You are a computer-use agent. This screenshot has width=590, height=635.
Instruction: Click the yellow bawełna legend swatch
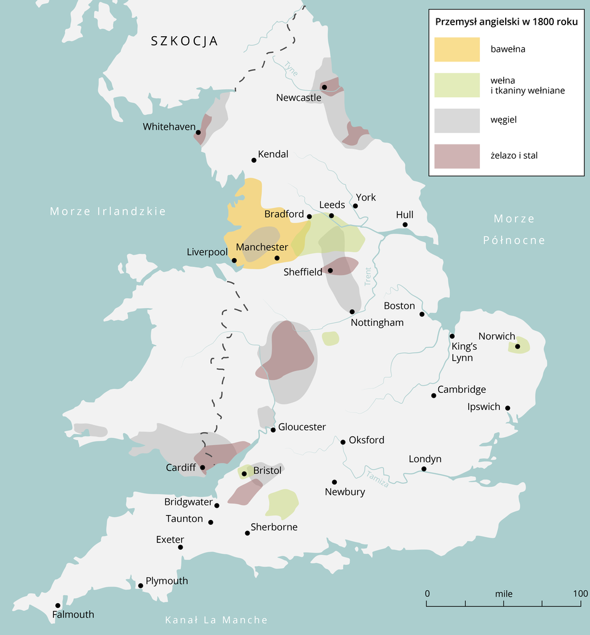click(457, 49)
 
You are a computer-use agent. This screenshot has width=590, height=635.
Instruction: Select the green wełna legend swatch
click(457, 85)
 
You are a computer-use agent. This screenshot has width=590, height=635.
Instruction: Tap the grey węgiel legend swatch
click(457, 120)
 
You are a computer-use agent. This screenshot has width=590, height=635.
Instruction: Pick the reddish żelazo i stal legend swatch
click(457, 156)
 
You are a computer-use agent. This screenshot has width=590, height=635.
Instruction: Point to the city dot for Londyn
click(424, 469)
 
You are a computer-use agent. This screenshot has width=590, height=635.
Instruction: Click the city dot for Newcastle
click(324, 87)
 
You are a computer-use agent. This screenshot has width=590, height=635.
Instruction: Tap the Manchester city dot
click(277, 258)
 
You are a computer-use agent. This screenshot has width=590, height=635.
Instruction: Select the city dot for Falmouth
click(58, 605)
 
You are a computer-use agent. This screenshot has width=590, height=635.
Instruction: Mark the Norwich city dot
click(517, 347)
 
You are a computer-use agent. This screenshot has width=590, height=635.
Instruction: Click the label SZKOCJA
click(185, 41)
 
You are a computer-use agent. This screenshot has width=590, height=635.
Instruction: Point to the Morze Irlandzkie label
click(108, 211)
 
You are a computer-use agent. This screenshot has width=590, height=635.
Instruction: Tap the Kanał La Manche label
click(216, 620)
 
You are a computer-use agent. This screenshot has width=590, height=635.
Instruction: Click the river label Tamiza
click(377, 478)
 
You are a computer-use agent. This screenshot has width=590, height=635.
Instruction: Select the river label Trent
click(368, 276)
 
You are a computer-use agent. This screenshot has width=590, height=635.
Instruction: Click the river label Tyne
click(291, 69)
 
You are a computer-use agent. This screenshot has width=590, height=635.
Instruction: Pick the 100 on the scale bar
click(581, 594)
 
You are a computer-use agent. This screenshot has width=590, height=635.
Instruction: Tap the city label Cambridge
click(462, 390)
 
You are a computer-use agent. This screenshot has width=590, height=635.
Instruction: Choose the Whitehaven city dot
click(199, 132)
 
